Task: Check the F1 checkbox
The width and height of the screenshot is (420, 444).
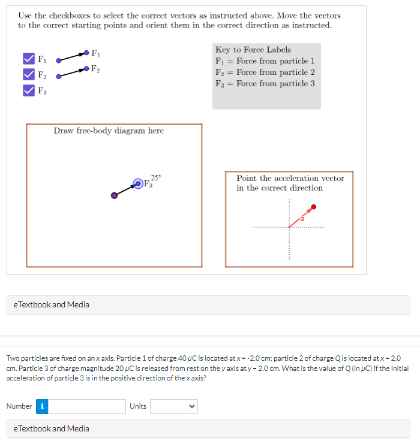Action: point(28,59)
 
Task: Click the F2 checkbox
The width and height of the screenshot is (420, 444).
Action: point(28,74)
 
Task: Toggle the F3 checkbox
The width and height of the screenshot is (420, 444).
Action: point(28,90)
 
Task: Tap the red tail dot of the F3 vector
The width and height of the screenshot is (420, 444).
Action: point(114,195)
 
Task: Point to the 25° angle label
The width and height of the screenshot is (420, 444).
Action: point(156,177)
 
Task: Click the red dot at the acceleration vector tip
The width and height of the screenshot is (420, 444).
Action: point(313,207)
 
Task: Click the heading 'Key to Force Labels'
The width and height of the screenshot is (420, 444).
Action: point(253,50)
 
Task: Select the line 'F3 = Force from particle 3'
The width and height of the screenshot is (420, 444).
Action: point(265,83)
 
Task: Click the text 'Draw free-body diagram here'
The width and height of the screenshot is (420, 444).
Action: point(109,131)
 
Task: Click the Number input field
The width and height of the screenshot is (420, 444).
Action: point(88,406)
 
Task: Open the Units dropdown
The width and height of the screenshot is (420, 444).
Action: point(173,406)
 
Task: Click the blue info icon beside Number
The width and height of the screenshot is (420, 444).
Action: point(43,406)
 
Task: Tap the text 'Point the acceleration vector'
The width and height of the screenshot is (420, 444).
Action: point(290,178)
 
